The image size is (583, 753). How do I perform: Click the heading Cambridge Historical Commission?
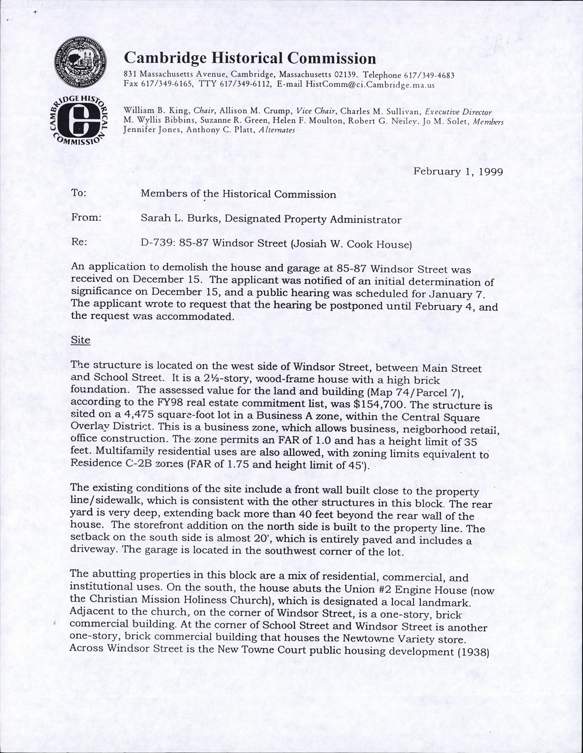point(250,58)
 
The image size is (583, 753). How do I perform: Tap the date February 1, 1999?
point(458,171)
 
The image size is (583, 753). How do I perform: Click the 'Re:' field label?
point(79,242)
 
